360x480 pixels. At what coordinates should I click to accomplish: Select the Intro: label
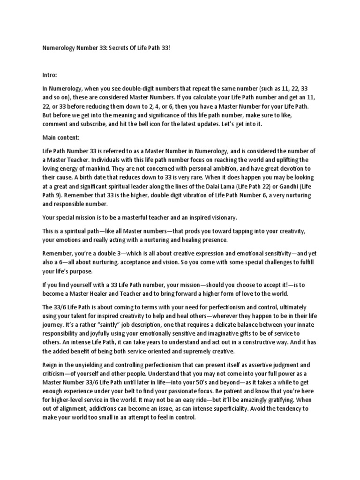[x=50, y=75]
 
